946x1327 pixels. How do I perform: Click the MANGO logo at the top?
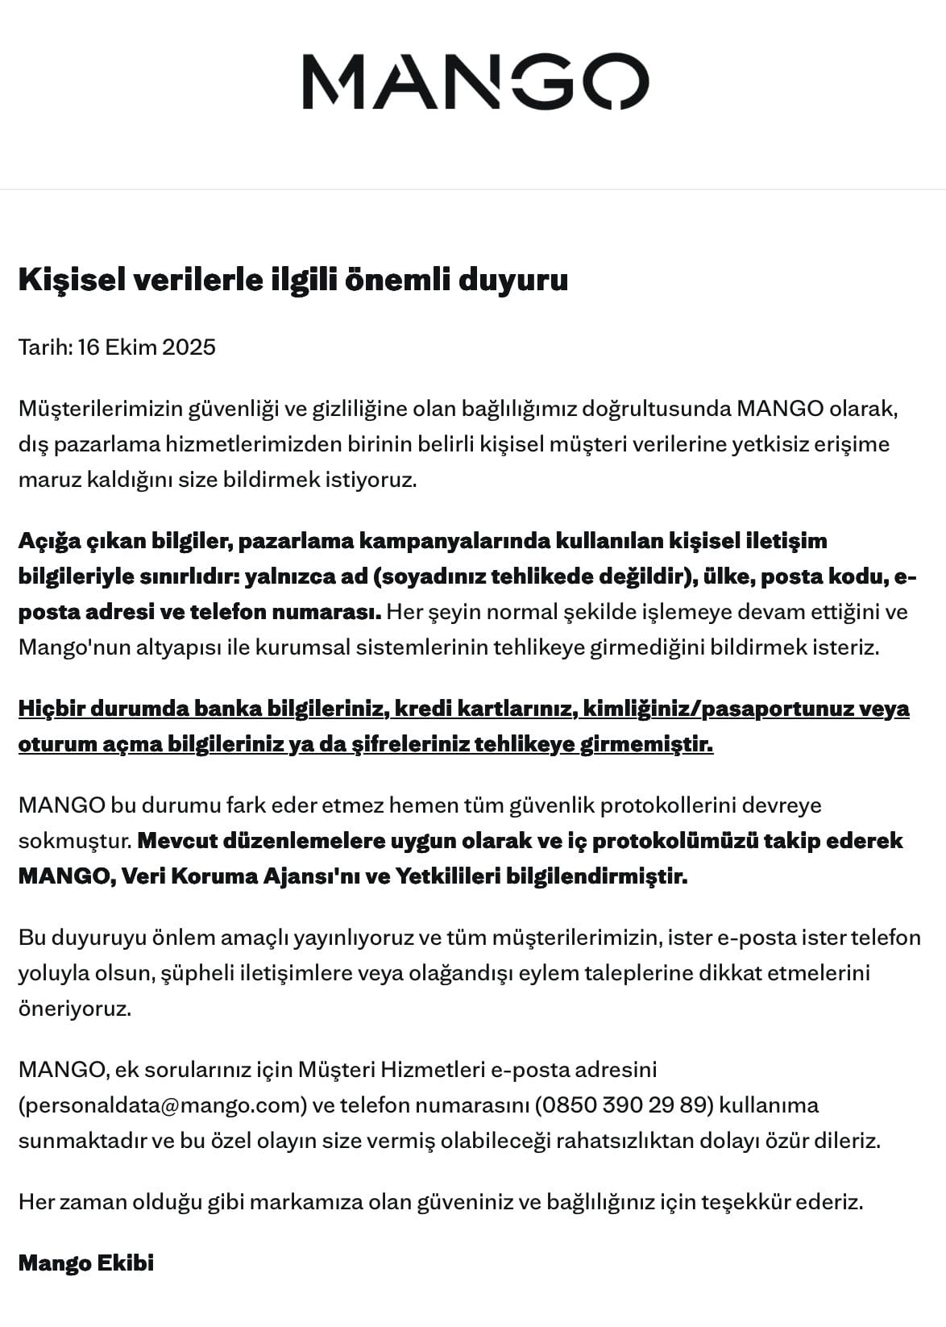475,81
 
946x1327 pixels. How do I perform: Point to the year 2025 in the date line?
189,347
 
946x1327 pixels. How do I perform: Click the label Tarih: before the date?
45,347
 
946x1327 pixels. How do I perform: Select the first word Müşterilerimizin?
100,409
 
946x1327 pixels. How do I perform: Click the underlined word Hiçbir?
51,709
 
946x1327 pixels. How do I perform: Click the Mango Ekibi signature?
86,1263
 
